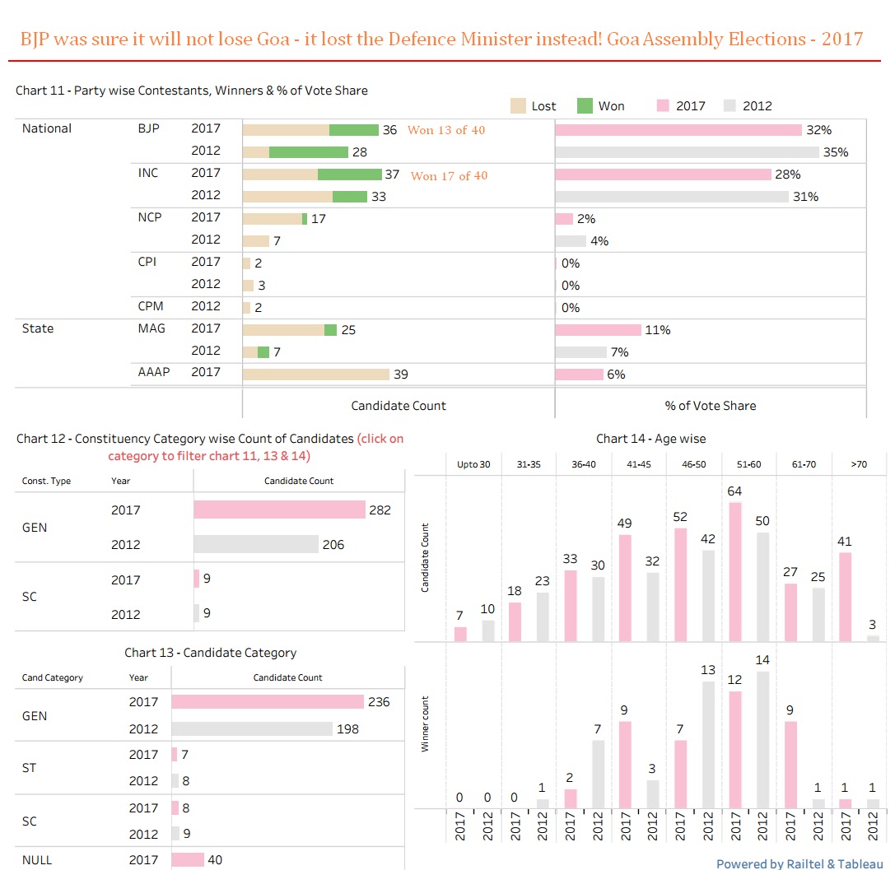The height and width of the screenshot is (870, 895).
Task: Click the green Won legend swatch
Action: click(585, 105)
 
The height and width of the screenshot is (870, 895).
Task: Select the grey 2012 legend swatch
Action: click(730, 105)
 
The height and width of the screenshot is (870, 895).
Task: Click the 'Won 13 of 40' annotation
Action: click(446, 130)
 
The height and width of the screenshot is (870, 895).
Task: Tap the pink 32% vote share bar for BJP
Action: click(678, 130)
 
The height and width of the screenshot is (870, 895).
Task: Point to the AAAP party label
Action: click(154, 372)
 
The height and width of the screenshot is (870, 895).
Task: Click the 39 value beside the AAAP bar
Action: click(401, 375)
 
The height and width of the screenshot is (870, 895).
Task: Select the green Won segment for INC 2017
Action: click(349, 174)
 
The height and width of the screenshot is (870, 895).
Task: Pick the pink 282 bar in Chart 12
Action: click(279, 509)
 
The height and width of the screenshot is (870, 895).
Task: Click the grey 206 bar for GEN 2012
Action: click(256, 544)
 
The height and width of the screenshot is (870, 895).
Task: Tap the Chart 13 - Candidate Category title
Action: click(210, 653)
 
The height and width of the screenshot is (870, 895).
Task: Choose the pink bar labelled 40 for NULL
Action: click(188, 860)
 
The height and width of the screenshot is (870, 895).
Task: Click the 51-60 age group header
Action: click(749, 464)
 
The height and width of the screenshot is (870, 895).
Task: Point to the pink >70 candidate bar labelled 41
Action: click(845, 597)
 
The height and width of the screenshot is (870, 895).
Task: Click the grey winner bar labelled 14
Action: click(763, 740)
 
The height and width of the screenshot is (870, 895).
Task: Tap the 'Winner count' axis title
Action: click(426, 725)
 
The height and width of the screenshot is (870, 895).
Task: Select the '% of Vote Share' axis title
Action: click(710, 405)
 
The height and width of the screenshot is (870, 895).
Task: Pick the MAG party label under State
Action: click(151, 328)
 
